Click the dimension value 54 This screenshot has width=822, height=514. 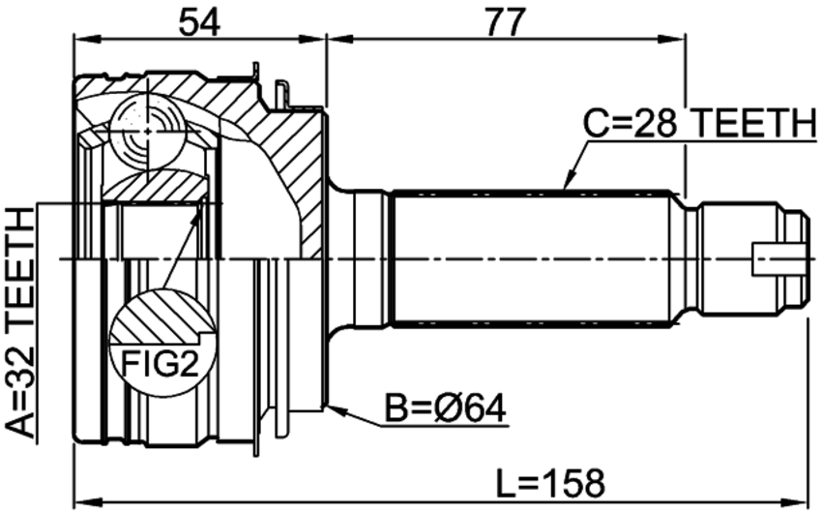199,23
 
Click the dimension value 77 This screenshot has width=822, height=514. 505,23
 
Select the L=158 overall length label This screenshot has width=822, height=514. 550,483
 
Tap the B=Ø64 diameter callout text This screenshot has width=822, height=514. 446,408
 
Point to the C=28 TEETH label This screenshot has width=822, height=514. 700,123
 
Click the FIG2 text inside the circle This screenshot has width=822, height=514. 160,364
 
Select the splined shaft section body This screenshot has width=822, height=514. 532,259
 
